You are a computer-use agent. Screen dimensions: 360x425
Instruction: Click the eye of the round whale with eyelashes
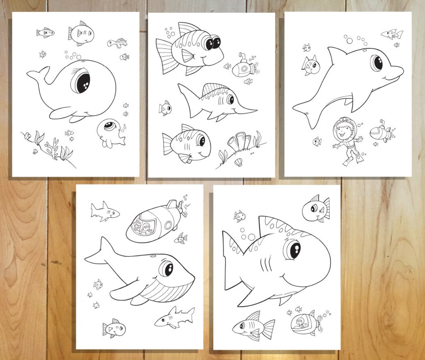point(82,82)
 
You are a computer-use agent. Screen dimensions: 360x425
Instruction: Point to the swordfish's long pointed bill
point(246,110)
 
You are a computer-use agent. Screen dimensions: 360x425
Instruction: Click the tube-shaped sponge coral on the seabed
point(240,141)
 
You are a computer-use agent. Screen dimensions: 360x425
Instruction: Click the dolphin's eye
point(377,63)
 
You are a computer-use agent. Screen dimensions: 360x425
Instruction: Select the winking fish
point(316,208)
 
